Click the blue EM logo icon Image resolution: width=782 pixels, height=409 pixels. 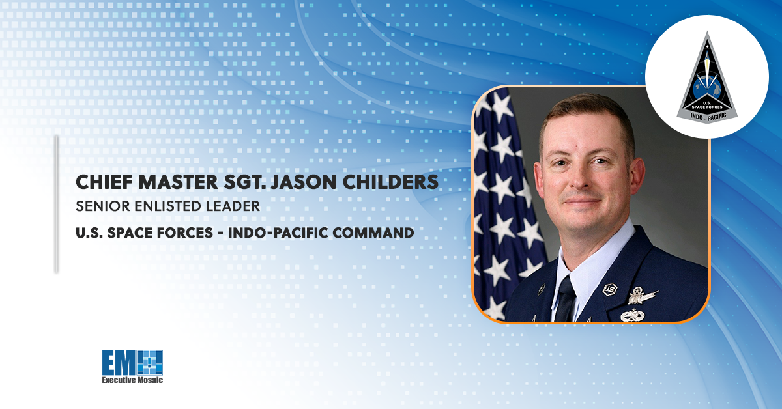(133, 362)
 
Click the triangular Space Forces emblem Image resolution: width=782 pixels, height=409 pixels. (706, 75)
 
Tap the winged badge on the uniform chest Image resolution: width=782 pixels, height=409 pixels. (643, 297)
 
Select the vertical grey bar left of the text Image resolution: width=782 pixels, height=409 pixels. (56, 203)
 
